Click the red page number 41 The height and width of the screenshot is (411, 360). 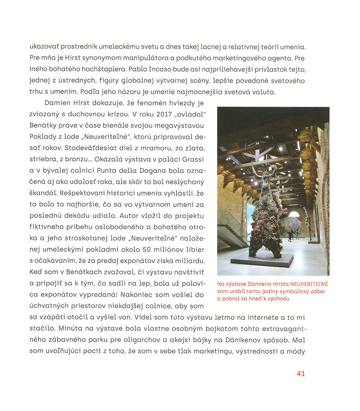[x=301, y=373]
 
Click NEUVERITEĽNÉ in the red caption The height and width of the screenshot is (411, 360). [x=309, y=284]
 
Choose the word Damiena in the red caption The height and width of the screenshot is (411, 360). [x=260, y=284]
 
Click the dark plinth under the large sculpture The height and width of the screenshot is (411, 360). [x=261, y=260]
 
